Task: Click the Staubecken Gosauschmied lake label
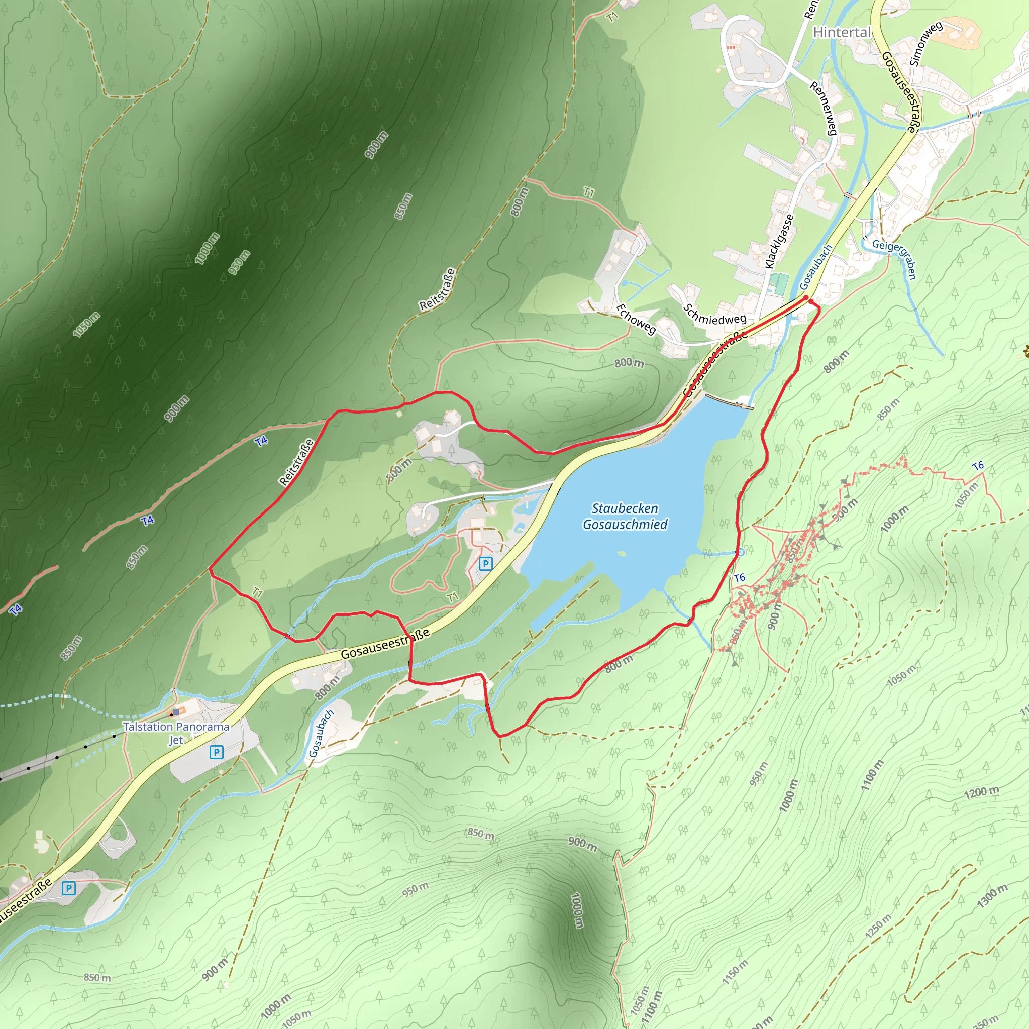(x=625, y=516)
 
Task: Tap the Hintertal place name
(x=842, y=33)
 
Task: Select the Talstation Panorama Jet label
(x=176, y=733)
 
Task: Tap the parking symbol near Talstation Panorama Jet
(x=216, y=752)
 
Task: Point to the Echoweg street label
(x=636, y=319)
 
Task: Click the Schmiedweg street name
(x=715, y=314)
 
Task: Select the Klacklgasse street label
(x=779, y=241)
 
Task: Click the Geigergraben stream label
(x=895, y=258)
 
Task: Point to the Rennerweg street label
(x=824, y=108)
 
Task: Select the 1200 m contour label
(x=981, y=792)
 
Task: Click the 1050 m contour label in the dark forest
(x=87, y=325)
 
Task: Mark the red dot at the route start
(x=806, y=298)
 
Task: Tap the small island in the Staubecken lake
(x=621, y=553)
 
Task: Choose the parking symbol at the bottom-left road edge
(x=68, y=888)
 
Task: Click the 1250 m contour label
(x=878, y=928)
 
